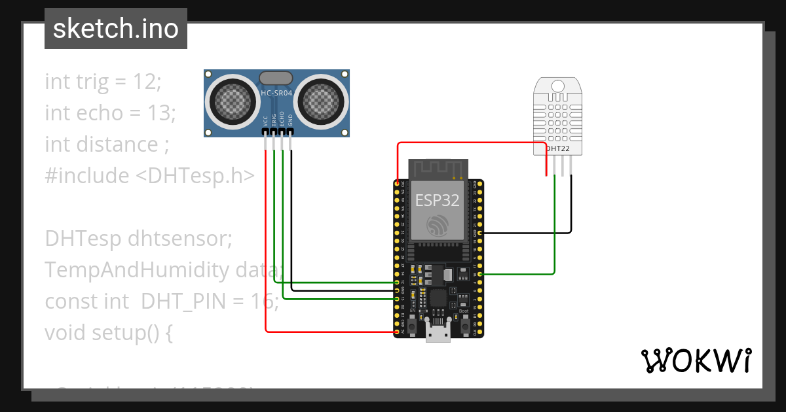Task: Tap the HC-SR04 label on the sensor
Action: (x=276, y=94)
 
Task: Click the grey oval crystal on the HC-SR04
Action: (x=276, y=78)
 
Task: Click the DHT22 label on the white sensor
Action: (x=559, y=149)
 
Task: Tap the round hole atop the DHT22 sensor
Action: (x=558, y=85)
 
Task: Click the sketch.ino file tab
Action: (x=116, y=29)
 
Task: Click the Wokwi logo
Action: (x=696, y=360)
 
